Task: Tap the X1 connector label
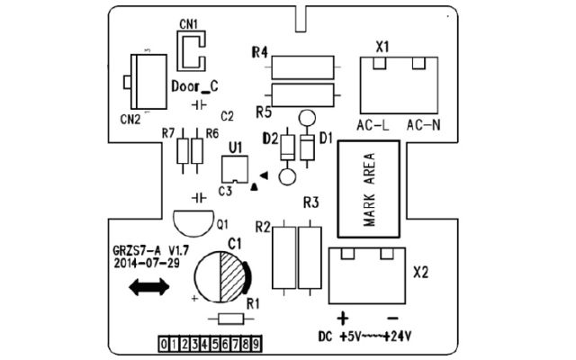pos(382,47)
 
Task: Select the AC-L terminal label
pos(373,126)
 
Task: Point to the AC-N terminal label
pos(424,126)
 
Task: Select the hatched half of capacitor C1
pos(232,277)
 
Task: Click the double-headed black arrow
pos(149,287)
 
